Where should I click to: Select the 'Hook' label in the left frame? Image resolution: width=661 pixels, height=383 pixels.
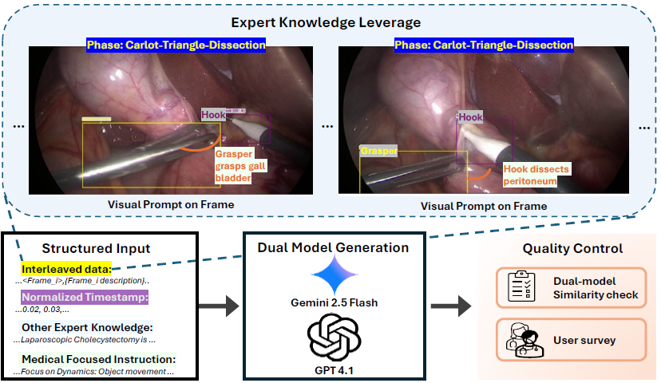(x=213, y=115)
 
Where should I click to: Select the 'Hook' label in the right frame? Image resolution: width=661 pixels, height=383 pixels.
(x=470, y=117)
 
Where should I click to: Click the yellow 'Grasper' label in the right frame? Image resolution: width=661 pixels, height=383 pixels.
(x=378, y=150)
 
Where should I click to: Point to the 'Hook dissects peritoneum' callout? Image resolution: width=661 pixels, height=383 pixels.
(x=529, y=175)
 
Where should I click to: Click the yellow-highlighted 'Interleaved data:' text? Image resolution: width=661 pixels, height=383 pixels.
(x=66, y=269)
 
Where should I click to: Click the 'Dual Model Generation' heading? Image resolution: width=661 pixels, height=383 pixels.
(x=333, y=247)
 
